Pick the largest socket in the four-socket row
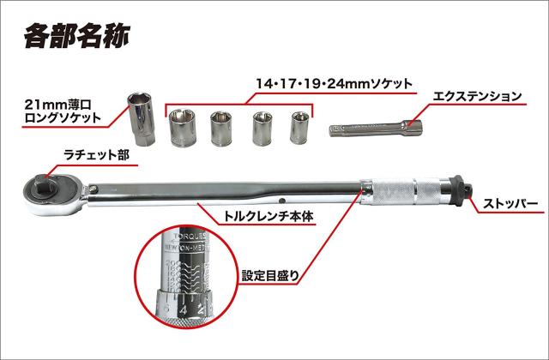click(182, 130)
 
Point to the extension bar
click(372, 129)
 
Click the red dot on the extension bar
click(411, 127)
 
